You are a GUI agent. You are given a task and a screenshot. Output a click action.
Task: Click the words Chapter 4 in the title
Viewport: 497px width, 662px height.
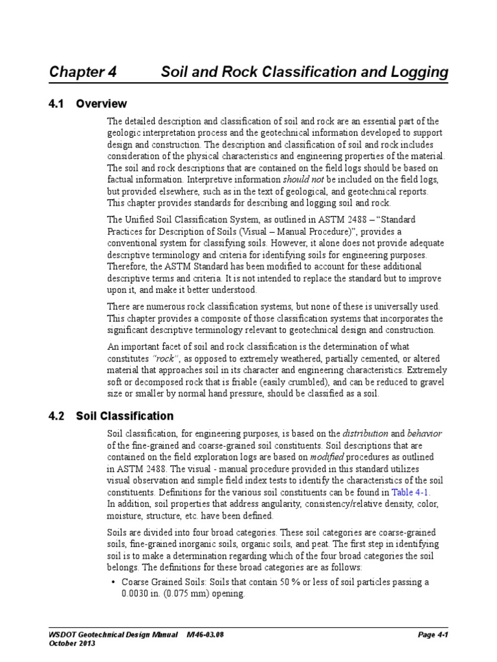pyautogui.click(x=83, y=72)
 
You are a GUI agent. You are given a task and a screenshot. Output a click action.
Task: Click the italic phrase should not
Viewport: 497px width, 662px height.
pyautogui.click(x=305, y=180)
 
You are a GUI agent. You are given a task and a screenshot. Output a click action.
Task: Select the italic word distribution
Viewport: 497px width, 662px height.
pyautogui.click(x=366, y=432)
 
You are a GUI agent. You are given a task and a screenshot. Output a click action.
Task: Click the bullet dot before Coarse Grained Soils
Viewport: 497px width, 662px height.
pyautogui.click(x=114, y=582)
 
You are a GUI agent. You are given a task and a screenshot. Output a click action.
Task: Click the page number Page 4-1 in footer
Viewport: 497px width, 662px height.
pyautogui.click(x=433, y=635)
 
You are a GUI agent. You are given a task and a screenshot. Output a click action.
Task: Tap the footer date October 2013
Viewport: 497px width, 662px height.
pyautogui.click(x=72, y=644)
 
